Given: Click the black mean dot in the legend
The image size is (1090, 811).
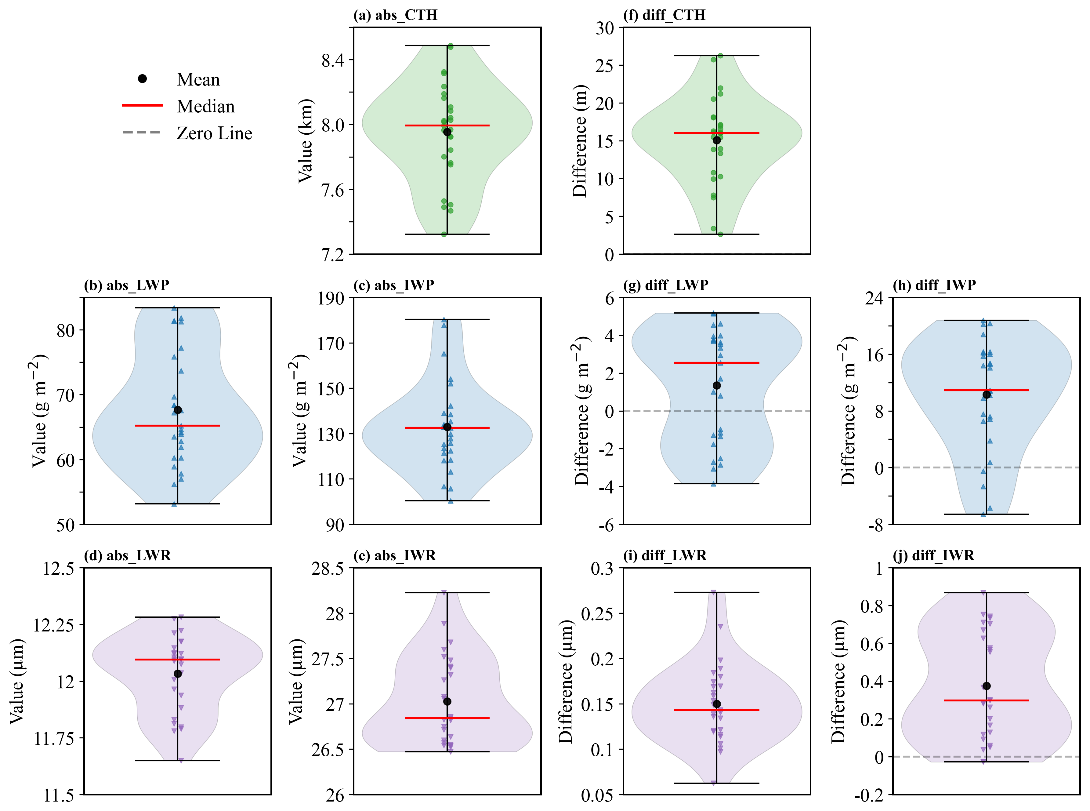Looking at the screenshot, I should click(x=142, y=78).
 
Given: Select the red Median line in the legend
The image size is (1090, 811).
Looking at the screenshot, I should click(x=142, y=105).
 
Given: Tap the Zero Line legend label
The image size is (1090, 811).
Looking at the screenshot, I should click(x=215, y=133).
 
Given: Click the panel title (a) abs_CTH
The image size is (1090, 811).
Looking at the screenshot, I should click(x=395, y=15).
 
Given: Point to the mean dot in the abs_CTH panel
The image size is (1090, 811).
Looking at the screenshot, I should click(x=447, y=132).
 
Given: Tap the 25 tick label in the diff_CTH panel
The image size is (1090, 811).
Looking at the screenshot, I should click(x=605, y=66).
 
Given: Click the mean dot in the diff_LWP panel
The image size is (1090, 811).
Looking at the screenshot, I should click(x=716, y=385).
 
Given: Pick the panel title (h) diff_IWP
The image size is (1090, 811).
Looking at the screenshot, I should click(x=934, y=285).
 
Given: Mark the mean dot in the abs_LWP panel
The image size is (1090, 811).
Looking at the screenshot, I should click(x=178, y=410).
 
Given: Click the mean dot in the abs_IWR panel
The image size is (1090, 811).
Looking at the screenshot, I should click(x=447, y=701).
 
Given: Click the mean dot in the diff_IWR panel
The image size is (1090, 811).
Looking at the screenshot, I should click(x=987, y=686).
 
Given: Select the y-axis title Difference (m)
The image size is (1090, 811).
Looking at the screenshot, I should click(x=580, y=141).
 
